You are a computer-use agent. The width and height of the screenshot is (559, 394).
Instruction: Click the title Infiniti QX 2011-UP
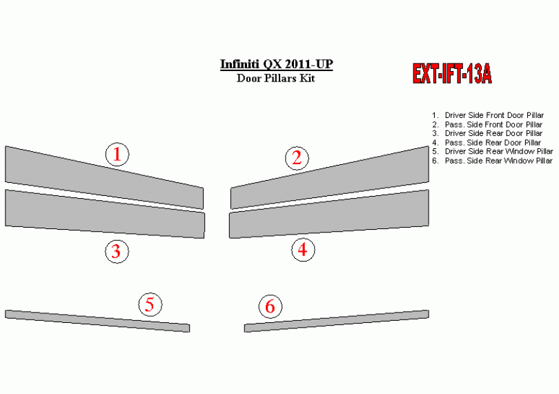[276, 65]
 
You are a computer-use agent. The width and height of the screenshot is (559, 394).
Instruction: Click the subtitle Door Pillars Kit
[275, 78]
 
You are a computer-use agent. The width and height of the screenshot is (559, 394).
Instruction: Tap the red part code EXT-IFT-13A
[452, 74]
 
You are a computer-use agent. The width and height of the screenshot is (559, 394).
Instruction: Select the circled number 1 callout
[117, 155]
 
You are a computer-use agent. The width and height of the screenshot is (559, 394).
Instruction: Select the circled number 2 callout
[297, 158]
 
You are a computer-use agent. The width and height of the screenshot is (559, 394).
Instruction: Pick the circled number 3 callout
[117, 251]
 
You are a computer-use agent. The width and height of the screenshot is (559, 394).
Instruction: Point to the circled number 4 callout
[303, 250]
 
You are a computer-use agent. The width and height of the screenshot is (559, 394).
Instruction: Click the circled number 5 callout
[150, 304]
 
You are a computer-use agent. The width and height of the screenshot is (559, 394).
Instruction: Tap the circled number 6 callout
[271, 306]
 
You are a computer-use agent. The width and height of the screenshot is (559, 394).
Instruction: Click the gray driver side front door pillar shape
[104, 177]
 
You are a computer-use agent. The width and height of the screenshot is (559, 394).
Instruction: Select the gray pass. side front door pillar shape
[330, 177]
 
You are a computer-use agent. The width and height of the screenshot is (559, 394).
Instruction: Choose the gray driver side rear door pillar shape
[105, 214]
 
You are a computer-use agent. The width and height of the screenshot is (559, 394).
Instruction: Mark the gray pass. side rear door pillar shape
[329, 214]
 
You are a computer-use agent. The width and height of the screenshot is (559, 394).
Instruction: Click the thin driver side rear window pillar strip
[97, 321]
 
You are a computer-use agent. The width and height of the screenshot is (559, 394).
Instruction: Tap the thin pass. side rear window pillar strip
[337, 321]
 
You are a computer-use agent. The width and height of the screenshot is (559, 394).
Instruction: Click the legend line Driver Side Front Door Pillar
[494, 115]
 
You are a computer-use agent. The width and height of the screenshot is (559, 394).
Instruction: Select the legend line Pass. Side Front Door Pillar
[493, 124]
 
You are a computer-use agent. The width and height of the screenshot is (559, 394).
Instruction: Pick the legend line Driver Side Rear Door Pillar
[493, 133]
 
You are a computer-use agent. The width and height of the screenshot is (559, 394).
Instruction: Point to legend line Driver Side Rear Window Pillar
[499, 152]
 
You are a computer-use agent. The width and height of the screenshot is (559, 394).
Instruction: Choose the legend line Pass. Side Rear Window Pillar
[498, 161]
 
